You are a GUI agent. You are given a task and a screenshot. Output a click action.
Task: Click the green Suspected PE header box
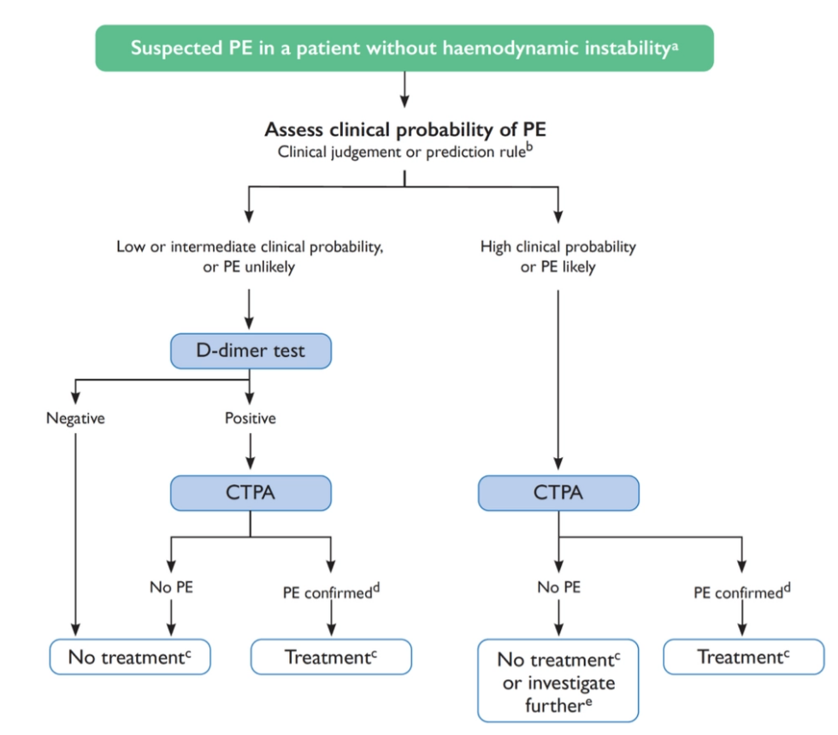tap(404, 48)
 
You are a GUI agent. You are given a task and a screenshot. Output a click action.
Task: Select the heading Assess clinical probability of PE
tap(404, 130)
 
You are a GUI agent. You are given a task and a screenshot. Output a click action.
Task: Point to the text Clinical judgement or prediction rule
tap(404, 152)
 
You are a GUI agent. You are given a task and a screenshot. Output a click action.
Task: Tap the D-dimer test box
tap(250, 350)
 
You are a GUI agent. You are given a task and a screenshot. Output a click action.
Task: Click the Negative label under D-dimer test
tap(75, 419)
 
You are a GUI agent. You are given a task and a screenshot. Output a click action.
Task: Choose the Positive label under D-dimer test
tap(250, 419)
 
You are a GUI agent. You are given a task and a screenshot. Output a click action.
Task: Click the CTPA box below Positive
tap(250, 492)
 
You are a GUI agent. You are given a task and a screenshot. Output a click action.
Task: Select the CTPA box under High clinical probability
tap(558, 492)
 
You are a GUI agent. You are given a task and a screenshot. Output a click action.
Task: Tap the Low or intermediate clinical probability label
tap(249, 256)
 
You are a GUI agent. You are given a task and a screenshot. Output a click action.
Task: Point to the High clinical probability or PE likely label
tap(558, 256)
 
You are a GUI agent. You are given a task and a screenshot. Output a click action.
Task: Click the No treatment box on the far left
tap(128, 657)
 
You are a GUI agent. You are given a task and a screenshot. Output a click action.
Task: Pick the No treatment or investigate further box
tap(558, 680)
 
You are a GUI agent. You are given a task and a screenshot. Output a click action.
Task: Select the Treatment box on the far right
tap(743, 657)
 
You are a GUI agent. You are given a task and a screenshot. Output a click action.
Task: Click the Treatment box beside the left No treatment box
tap(331, 657)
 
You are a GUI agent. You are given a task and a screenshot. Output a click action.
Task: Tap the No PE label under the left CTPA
tap(170, 588)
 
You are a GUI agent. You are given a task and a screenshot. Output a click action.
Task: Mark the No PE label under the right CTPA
tap(558, 588)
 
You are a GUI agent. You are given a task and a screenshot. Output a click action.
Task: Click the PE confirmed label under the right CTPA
tap(741, 591)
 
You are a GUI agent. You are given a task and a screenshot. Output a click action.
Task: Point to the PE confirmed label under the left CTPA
tap(330, 591)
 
